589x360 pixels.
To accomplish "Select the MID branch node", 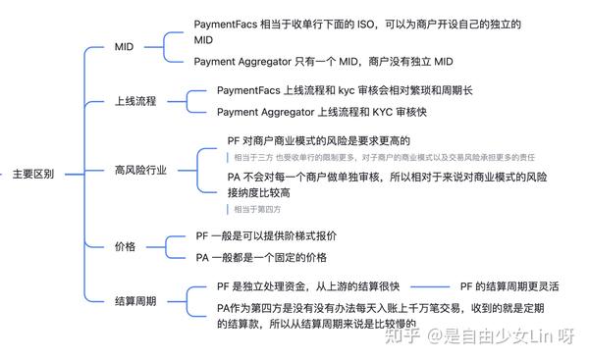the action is (x=124, y=46).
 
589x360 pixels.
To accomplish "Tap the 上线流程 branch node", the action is (x=135, y=101).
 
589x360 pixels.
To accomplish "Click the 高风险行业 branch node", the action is (x=140, y=170).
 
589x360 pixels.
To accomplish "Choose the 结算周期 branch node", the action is (x=135, y=301).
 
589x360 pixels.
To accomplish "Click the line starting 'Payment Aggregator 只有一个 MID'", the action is (x=324, y=62).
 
